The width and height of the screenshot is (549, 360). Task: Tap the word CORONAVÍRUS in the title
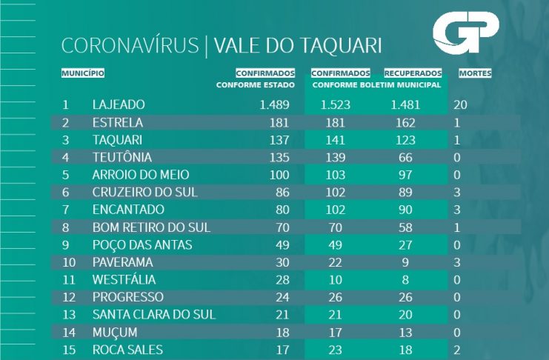coord(130,46)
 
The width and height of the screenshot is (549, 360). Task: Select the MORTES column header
coord(475,73)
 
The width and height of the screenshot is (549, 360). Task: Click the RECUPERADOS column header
coord(413,73)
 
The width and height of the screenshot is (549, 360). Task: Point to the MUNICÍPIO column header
coord(82,73)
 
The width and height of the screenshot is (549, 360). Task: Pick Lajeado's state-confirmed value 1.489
coord(279,104)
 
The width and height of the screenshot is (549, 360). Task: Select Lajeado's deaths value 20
coord(460,104)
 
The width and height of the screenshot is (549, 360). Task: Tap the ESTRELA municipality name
coord(118,122)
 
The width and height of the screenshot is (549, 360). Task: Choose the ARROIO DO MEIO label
coord(141,174)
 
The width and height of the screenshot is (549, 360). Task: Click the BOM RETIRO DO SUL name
coord(151,227)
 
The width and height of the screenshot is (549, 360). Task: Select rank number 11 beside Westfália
coord(69,279)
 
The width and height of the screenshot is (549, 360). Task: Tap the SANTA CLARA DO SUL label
coord(154,314)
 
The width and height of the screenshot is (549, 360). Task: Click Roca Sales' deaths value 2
coord(457,349)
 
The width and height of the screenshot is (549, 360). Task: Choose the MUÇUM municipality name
coord(116,331)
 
